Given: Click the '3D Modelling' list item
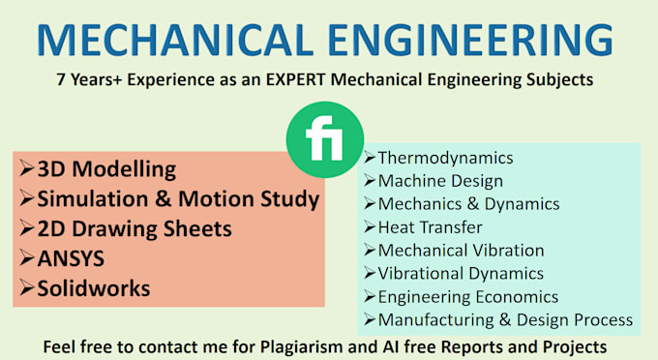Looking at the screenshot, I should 106,169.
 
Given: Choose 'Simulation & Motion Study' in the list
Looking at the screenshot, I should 177,199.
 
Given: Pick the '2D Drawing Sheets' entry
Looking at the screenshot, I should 135,229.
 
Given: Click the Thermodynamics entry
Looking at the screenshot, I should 445,158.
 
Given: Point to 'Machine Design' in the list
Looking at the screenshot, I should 440,180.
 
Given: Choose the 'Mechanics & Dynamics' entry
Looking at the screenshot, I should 468,203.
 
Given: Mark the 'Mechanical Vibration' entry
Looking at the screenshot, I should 461,250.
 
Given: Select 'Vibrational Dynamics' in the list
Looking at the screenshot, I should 460,273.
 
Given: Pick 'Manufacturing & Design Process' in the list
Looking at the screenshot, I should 505,319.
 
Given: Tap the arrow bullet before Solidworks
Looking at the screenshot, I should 26,288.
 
